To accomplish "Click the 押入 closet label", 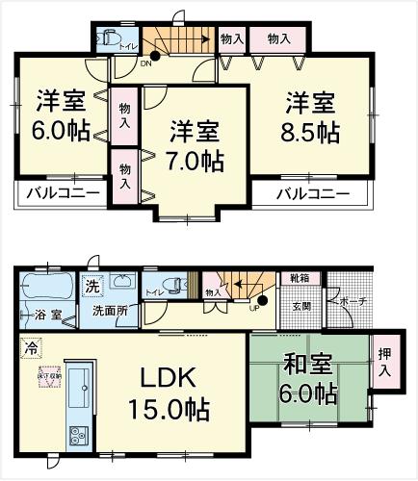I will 384,362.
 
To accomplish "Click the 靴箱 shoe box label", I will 300,277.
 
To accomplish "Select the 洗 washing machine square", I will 92,286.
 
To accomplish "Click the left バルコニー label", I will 61,193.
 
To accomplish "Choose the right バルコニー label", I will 313,193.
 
